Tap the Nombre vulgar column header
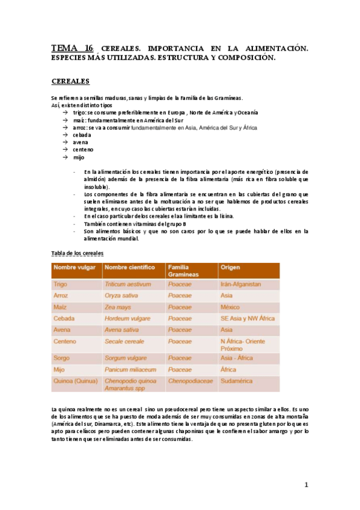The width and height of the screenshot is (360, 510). pos(74,267)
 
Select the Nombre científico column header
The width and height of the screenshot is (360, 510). pos(129,267)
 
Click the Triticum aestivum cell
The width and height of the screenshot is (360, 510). pos(127,284)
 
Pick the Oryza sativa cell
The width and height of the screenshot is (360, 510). pos(122,295)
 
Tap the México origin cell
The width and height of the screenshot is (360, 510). pos(231,307)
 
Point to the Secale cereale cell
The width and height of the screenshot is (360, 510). pos(124,341)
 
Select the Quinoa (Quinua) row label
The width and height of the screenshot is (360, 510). pos(75,381)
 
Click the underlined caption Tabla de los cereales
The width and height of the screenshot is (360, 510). pos(78,253)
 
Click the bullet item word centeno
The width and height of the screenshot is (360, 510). pos(84,150)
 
